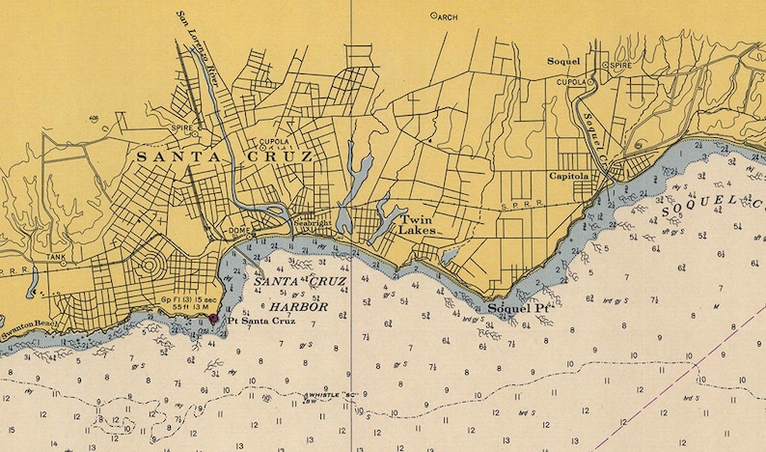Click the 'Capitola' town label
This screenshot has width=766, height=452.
(569, 177)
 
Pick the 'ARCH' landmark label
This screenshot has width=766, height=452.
(445, 16)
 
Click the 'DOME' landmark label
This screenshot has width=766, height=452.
(238, 230)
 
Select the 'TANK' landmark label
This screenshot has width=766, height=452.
(56, 257)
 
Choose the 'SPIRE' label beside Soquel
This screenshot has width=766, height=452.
(617, 65)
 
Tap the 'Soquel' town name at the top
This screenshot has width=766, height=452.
(563, 60)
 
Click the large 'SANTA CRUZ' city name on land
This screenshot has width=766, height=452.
(225, 156)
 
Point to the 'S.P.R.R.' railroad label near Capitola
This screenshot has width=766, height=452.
(519, 206)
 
